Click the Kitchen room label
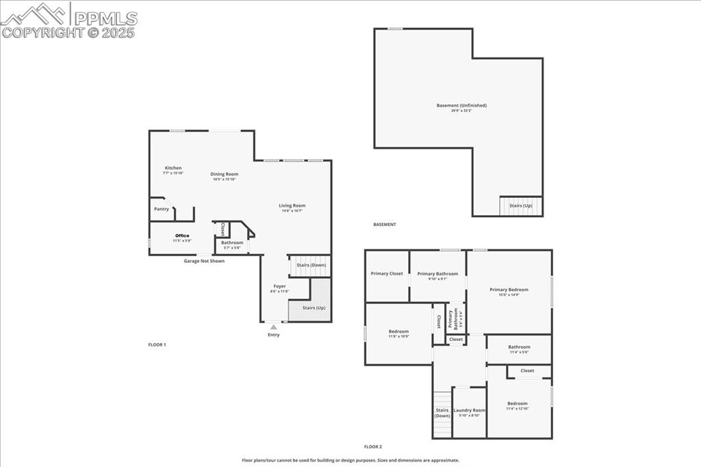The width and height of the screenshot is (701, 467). point(173,168)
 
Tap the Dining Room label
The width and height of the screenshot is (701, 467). point(224,175)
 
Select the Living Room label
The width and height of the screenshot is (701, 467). point(292,206)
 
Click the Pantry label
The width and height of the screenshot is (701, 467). point(162,209)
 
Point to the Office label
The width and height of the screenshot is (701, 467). point(182,236)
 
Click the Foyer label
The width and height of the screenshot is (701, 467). point(279,287)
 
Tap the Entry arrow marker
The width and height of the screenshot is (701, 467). point(273,327)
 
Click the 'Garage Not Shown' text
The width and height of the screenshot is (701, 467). point(204,261)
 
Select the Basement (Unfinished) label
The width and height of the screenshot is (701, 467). point(461,106)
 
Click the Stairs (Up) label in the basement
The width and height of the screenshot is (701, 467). point(520,205)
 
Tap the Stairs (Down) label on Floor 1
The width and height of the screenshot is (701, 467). point(311,265)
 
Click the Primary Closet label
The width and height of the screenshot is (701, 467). point(387,274)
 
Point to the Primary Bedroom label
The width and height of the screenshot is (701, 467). point(509,290)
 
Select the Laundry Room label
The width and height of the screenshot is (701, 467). point(469,411)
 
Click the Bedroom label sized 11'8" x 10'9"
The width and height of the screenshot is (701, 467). point(398,332)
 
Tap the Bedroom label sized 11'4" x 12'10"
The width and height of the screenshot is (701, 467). point(518,404)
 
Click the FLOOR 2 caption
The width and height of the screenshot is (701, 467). point(373,446)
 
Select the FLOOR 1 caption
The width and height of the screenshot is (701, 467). point(157,344)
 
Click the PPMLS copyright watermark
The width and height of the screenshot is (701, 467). point(68,21)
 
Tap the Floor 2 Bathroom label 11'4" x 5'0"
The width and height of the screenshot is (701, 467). point(519,348)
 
